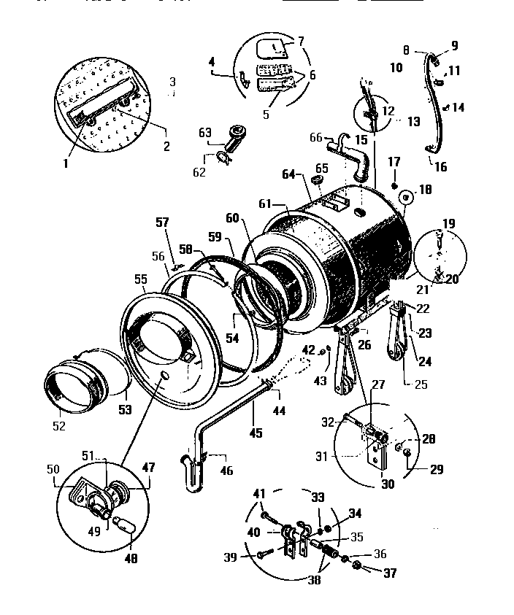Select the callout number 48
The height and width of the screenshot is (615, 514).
(131, 560)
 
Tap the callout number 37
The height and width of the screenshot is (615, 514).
(390, 574)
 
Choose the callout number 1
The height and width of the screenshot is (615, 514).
(65, 163)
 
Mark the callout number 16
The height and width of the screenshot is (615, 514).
(441, 167)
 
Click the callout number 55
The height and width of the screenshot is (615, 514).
(139, 279)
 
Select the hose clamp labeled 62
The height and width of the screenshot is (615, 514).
(226, 155)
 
